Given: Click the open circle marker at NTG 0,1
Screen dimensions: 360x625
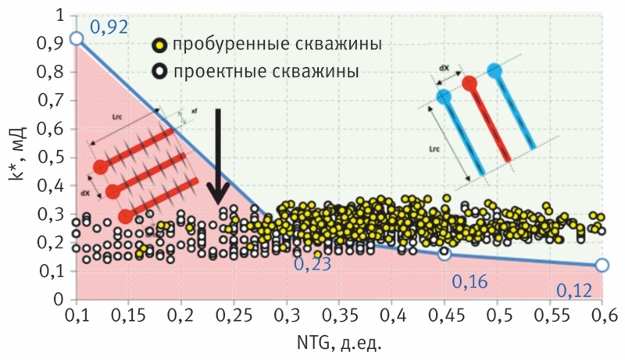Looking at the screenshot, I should (77, 38).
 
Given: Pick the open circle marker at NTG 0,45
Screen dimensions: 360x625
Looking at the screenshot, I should (445, 254).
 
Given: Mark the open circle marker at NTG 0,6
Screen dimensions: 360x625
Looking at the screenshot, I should (602, 266).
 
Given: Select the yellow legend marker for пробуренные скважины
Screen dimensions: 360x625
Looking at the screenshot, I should (159, 45).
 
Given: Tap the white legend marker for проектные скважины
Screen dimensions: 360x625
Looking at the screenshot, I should (159, 72).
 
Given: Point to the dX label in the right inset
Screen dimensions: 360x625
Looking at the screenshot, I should (443, 68).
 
